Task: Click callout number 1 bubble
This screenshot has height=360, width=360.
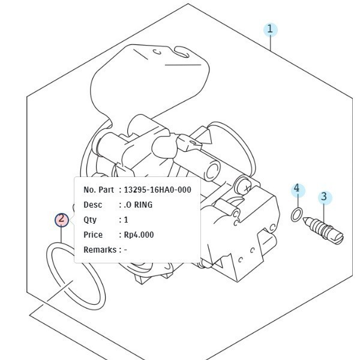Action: [x=271, y=30]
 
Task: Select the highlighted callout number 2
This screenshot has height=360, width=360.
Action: [x=62, y=220]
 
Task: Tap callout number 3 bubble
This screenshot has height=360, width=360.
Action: [x=325, y=197]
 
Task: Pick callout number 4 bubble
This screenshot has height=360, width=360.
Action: [x=298, y=190]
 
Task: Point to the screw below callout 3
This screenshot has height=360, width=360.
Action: [x=323, y=230]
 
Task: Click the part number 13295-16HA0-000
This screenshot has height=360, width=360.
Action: [x=157, y=190]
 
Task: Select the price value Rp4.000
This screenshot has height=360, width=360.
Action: [x=139, y=235]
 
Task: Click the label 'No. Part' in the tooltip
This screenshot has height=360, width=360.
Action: [x=98, y=190]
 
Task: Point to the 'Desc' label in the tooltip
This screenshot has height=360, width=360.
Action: [x=93, y=205]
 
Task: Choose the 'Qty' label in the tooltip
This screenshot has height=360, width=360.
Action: [x=90, y=220]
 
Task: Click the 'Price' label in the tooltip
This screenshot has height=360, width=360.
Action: [x=93, y=235]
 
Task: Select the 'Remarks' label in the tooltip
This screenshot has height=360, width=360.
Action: [x=100, y=250]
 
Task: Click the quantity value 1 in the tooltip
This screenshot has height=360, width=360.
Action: [x=126, y=220]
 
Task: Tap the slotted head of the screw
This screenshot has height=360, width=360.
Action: [x=337, y=238]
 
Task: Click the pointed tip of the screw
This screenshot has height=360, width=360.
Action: [x=304, y=218]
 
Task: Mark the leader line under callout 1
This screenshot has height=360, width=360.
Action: [x=271, y=44]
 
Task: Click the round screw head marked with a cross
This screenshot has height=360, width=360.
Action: [x=244, y=187]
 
